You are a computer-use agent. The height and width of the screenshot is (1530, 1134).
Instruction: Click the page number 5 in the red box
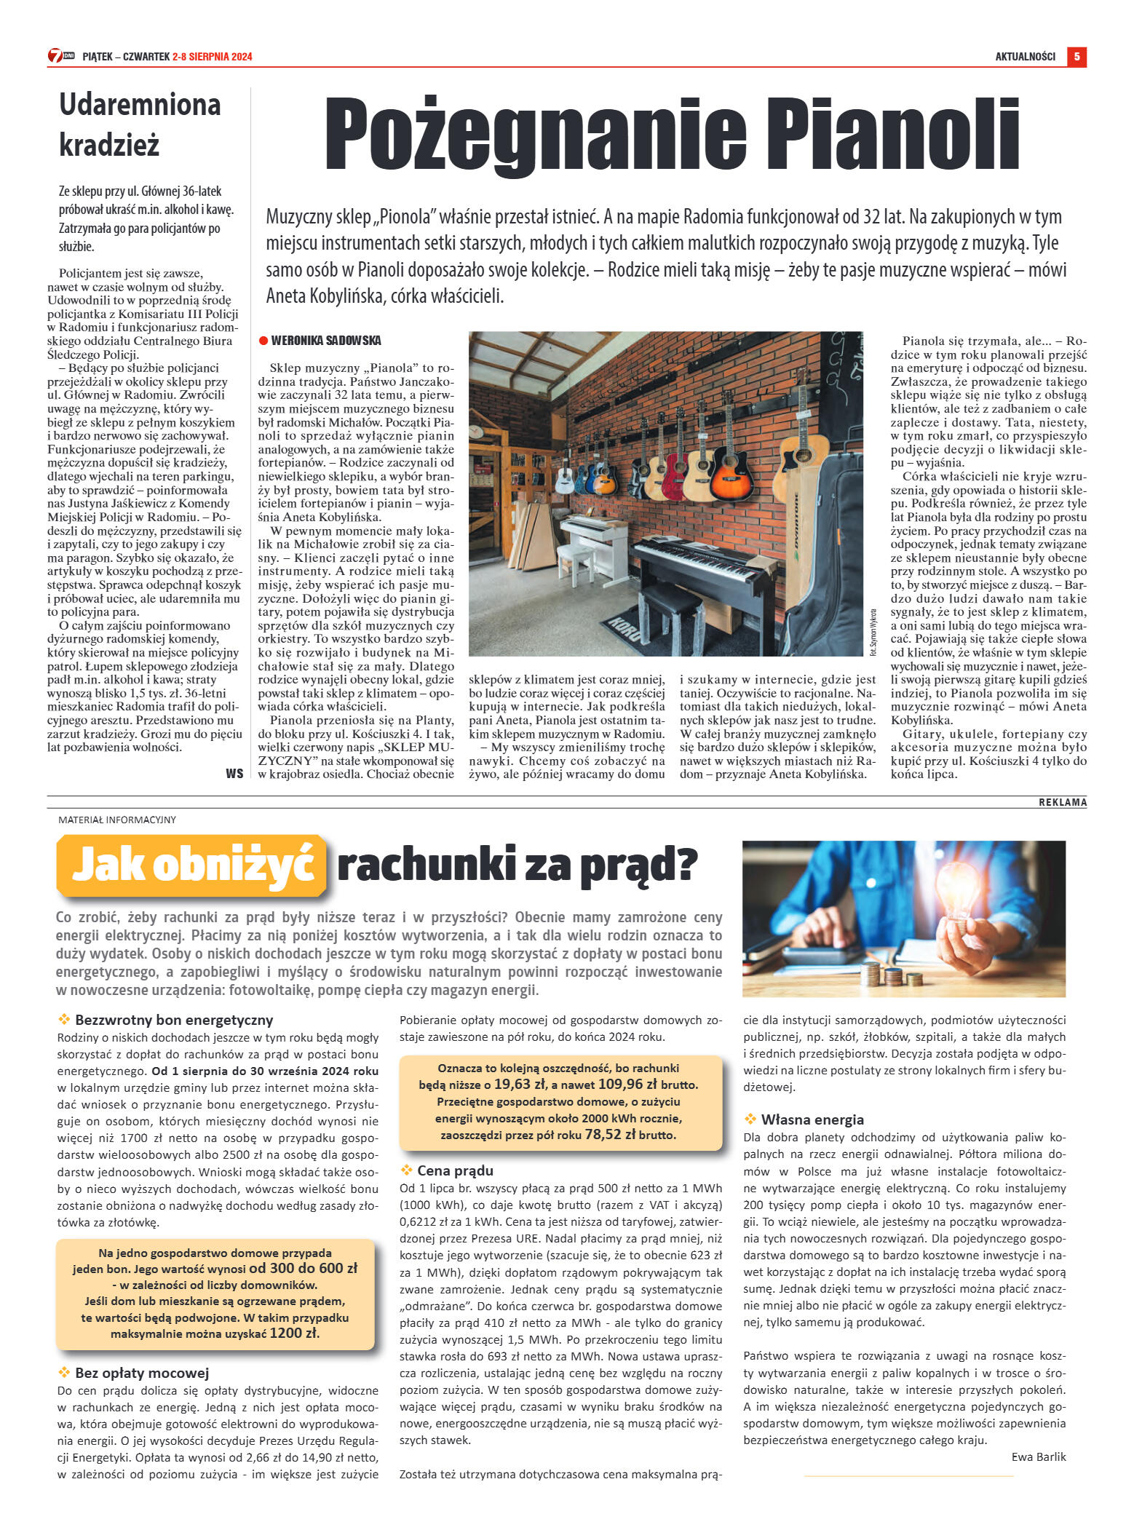pyautogui.click(x=1076, y=57)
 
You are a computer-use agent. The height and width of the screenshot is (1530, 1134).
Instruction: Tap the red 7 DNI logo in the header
pyautogui.click(x=60, y=56)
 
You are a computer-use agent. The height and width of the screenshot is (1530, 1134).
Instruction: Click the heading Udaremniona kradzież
pyautogui.click(x=139, y=124)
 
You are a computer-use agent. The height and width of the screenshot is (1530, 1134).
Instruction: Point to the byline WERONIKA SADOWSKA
pyautogui.click(x=325, y=341)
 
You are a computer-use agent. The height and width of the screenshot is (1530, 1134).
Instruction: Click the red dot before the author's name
pyautogui.click(x=263, y=341)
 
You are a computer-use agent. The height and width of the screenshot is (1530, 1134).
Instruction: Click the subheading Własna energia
pyautogui.click(x=812, y=1119)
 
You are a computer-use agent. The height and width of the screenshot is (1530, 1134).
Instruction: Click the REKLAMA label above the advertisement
pyautogui.click(x=1062, y=802)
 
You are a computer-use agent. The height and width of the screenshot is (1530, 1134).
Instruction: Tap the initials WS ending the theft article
pyautogui.click(x=234, y=773)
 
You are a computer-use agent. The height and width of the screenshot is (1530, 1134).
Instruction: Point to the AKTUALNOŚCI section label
pyautogui.click(x=1025, y=57)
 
